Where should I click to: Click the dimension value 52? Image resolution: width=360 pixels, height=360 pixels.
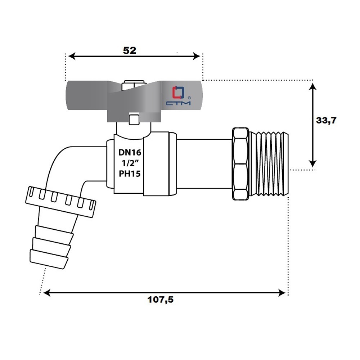130,50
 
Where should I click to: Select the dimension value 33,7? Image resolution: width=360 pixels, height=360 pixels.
326,120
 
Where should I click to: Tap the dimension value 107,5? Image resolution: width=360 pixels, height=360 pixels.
160,300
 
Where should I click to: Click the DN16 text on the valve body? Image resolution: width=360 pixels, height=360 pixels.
130,152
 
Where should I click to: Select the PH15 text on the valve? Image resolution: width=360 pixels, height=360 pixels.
130,174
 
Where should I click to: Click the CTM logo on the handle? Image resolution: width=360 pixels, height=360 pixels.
179,96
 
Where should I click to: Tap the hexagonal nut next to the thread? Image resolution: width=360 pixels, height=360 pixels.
240,164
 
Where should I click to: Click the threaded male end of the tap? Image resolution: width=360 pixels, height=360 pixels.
269,164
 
